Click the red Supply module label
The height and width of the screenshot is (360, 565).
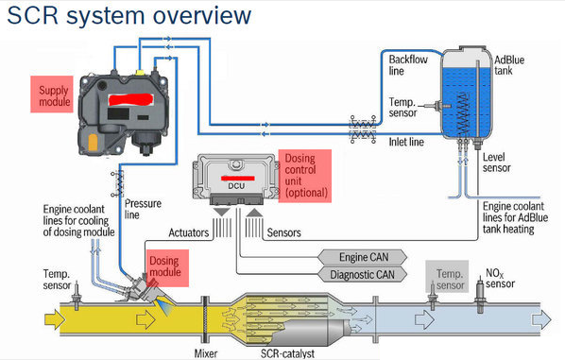(x=52, y=94)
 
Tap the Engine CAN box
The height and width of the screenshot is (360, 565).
(x=362, y=257)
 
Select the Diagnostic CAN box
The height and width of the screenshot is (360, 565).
(x=362, y=275)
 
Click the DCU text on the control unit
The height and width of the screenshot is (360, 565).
(x=236, y=186)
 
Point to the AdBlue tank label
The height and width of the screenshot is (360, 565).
(x=509, y=65)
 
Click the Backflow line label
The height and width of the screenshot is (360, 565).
(x=408, y=65)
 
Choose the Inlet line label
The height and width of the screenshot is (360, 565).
(x=406, y=142)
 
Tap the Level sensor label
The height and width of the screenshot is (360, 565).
(x=497, y=163)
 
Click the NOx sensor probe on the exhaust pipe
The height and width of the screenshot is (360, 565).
(x=480, y=294)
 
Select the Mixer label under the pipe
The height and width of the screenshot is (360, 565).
(x=206, y=353)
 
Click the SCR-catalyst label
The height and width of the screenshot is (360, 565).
(x=287, y=353)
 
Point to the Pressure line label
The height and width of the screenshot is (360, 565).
(x=143, y=209)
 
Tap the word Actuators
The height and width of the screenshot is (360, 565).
(x=188, y=232)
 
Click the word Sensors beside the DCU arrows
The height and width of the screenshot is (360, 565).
(x=284, y=232)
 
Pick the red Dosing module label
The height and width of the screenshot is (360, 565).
(x=167, y=268)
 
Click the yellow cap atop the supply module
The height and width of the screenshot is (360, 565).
(x=140, y=73)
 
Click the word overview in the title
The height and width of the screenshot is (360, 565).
(x=202, y=15)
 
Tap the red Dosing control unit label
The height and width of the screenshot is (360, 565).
(x=305, y=176)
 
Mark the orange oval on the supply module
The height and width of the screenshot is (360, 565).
(x=93, y=143)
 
